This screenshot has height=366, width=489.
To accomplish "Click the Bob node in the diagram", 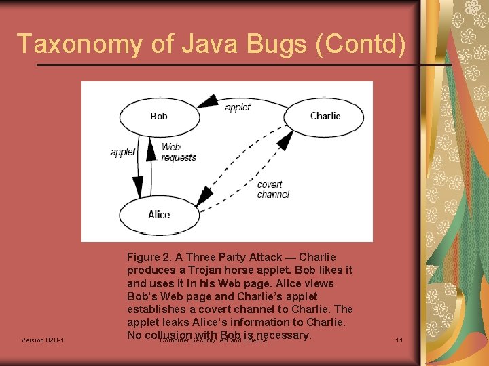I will (x=159, y=117).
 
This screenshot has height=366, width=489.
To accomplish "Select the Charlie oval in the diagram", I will (x=325, y=116).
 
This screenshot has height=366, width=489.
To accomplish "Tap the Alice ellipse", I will (x=159, y=215).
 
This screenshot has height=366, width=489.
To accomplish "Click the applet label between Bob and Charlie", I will (x=238, y=107).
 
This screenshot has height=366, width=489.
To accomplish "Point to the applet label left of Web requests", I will (x=123, y=152).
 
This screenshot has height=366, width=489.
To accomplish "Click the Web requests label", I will (x=178, y=152).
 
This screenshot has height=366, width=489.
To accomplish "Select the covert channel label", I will (x=272, y=189).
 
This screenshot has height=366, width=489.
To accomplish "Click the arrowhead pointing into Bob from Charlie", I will (x=202, y=105).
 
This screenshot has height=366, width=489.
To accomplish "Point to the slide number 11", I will (x=399, y=340).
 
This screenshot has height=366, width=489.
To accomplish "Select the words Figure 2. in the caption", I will (x=149, y=257).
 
